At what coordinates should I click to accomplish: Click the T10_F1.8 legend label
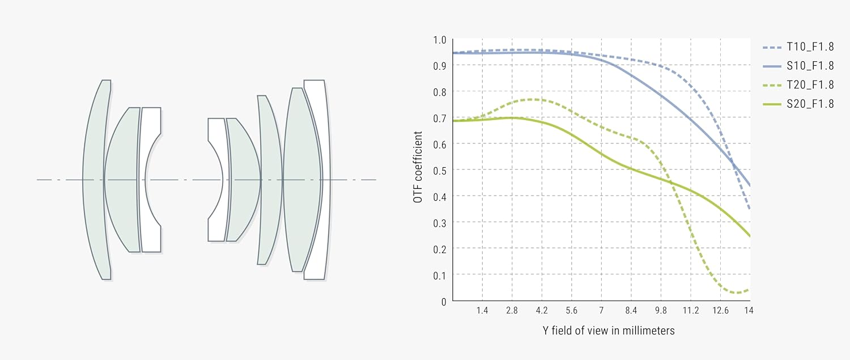[810, 46]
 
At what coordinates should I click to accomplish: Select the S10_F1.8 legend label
[810, 66]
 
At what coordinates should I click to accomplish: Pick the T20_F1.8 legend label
[810, 85]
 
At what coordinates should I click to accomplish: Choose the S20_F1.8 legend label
[810, 105]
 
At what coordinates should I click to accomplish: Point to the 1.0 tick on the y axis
[440, 40]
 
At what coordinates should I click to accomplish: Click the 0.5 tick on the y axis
[440, 170]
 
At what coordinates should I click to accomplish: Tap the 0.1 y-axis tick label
[440, 275]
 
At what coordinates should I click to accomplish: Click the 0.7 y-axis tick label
[440, 118]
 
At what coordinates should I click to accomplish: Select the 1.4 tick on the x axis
[482, 311]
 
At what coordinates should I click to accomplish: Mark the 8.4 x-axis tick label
[631, 311]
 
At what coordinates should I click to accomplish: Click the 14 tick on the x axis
[749, 311]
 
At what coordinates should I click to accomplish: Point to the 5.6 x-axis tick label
[571, 311]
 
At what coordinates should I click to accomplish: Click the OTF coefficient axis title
[418, 168]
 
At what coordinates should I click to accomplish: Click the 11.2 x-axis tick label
[690, 311]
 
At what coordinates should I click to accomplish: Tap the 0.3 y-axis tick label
[440, 223]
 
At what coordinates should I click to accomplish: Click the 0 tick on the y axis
[443, 301]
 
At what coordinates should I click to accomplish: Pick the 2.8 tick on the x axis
[512, 311]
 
